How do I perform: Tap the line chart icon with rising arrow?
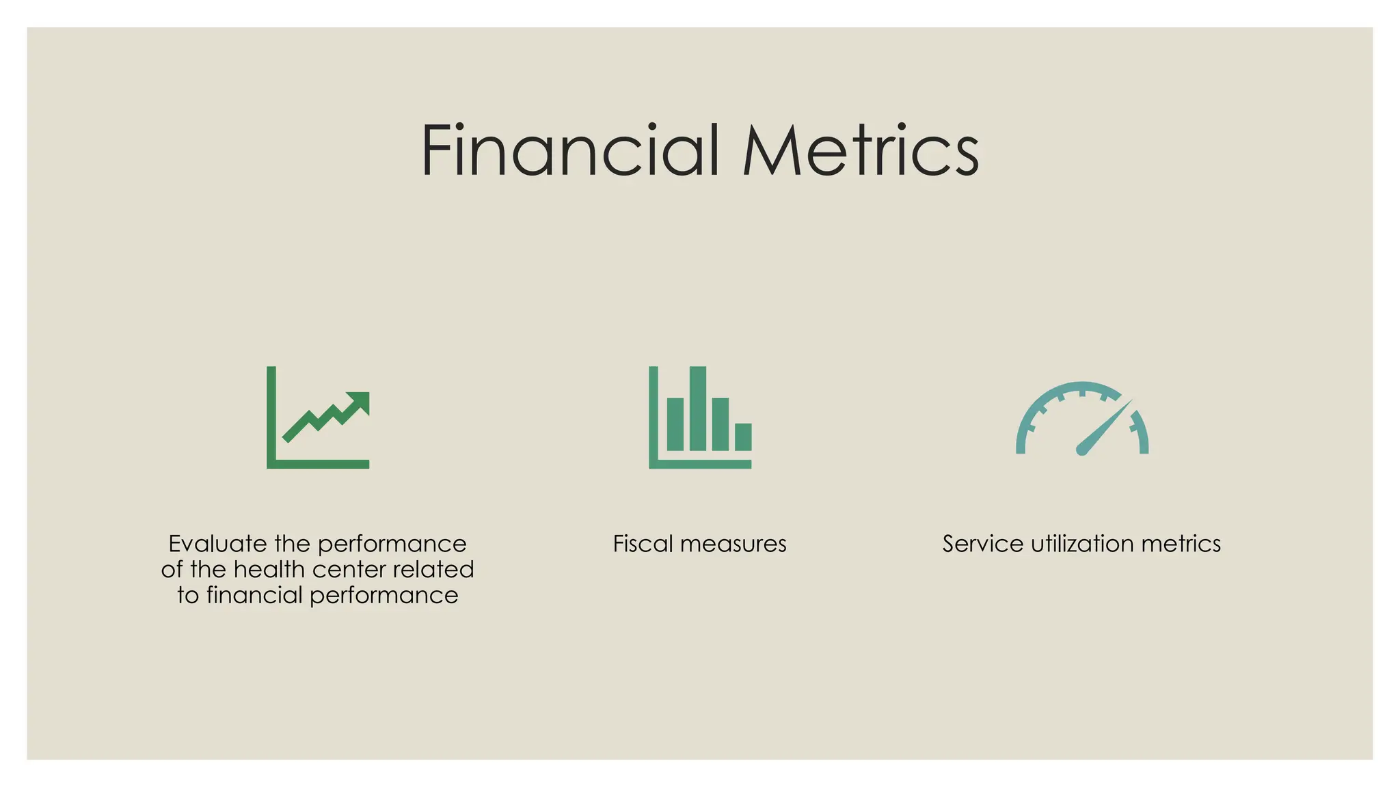(318, 417)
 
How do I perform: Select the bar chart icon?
(700, 417)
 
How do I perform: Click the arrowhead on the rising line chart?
(360, 401)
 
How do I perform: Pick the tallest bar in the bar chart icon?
(698, 409)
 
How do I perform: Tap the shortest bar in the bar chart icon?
(743, 437)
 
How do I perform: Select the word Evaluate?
(217, 544)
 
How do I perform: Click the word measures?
(733, 544)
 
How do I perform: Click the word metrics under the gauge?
(1181, 544)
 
